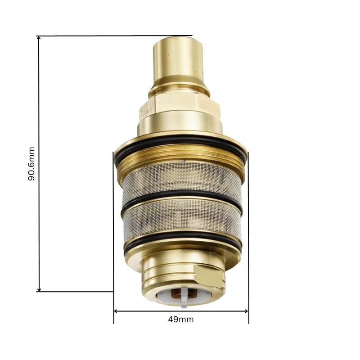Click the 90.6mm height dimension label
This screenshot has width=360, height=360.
31,164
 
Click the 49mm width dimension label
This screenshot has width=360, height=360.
181,319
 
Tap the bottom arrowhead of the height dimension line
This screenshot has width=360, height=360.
39,289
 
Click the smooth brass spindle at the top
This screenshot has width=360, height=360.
178,60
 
